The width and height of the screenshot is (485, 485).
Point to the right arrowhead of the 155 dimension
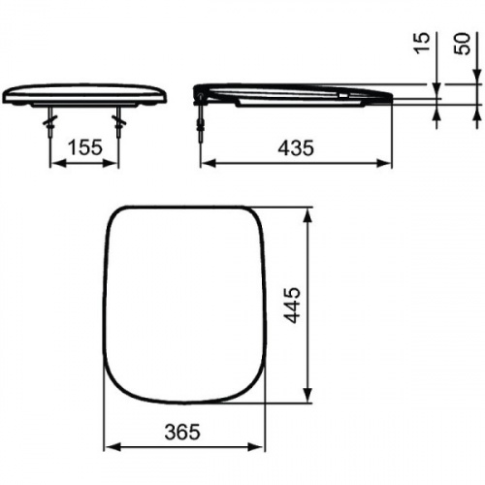click(x=115, y=162)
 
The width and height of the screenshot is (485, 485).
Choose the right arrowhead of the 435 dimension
click(x=387, y=162)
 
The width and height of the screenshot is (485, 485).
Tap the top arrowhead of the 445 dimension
click(x=309, y=211)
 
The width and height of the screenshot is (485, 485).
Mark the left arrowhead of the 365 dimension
click(x=109, y=448)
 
